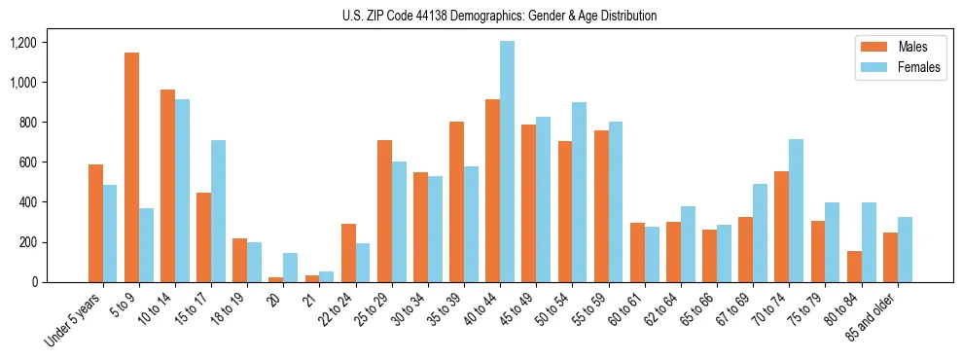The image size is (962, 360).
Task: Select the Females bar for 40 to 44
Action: tap(507, 162)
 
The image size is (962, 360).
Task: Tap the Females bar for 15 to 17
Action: tap(218, 211)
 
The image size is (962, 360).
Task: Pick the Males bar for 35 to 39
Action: tap(456, 201)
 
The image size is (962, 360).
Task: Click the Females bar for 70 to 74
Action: tap(796, 210)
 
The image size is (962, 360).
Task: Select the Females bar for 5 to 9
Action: tap(146, 245)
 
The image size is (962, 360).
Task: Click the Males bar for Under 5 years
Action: tap(95, 223)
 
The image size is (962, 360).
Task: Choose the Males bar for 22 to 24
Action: tap(348, 253)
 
